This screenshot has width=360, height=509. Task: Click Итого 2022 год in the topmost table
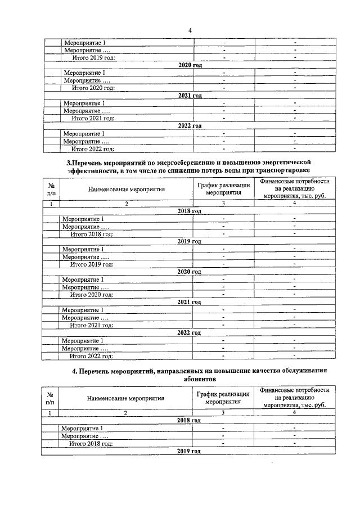[x=92, y=149]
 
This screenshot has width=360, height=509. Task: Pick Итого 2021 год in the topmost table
[x=92, y=119]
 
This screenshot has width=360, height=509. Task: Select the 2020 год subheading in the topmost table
[x=190, y=66]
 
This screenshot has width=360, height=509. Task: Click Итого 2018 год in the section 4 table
[x=91, y=443]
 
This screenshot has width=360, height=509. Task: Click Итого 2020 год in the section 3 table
[x=91, y=294]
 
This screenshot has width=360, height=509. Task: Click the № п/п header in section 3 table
[x=51, y=189]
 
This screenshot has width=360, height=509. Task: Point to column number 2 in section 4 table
[x=126, y=413]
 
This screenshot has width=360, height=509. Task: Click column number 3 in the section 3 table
[x=223, y=204]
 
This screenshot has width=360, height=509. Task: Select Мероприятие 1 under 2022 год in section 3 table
[x=82, y=340]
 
